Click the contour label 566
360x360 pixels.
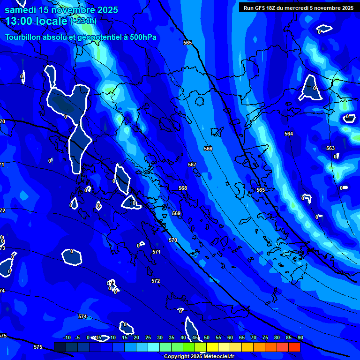pyautogui.click(x=208, y=149)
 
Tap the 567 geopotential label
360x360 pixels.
pyautogui.click(x=192, y=165)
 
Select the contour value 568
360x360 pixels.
pyautogui.click(x=183, y=188)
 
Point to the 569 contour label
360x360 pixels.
pyautogui.click(x=176, y=213)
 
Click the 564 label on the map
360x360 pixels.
pyautogui.click(x=289, y=134)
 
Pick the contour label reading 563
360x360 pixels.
pyautogui.click(x=330, y=148)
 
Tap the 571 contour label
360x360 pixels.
pyautogui.click(x=157, y=252)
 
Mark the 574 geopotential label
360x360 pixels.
pyautogui.click(x=82, y=316)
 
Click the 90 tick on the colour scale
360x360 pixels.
pyautogui.click(x=300, y=337)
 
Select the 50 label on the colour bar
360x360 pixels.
pyautogui.click(x=207, y=337)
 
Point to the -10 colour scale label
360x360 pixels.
pyautogui.click(x=67, y=337)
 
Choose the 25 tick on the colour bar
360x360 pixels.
pyautogui.click(x=148, y=337)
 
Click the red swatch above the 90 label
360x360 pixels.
pyautogui.click(x=294, y=347)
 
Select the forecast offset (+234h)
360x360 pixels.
pyautogui.click(x=83, y=21)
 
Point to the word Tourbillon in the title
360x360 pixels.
pyautogui.click(x=23, y=37)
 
